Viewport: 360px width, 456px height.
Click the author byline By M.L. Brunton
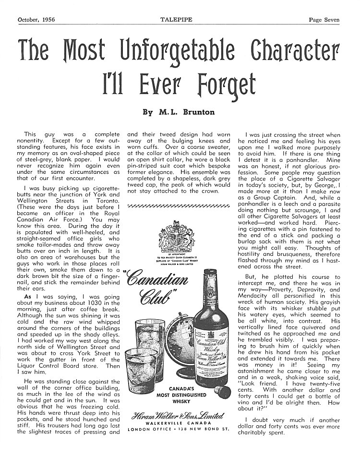pos(180,112)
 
